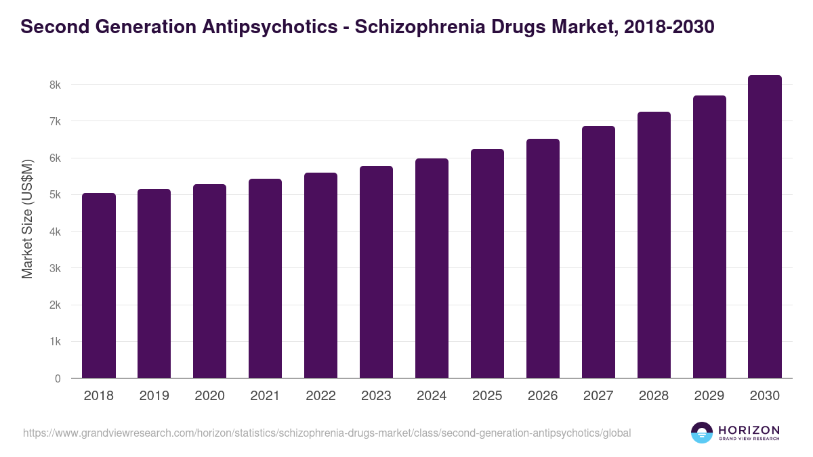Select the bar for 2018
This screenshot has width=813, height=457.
pos(99,286)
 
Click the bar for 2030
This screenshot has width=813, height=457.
pos(765,227)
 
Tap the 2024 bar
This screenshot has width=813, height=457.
pos(432,268)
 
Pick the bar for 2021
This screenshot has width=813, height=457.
pos(265,278)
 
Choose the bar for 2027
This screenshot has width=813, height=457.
pos(598,252)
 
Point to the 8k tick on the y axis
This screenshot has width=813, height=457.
pos(55,85)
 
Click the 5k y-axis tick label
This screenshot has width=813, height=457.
pos(55,195)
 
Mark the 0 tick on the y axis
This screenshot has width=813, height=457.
pos(58,378)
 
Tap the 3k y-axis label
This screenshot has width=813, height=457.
pos(55,268)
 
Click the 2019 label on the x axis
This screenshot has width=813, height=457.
pos(154,396)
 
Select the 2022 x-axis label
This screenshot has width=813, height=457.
pos(320,396)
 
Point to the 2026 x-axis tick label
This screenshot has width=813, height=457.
pos(543,396)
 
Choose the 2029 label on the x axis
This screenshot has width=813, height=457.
pos(709,396)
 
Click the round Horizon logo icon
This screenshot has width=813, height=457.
pos(702,433)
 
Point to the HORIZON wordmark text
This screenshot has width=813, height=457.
pos(749,430)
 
